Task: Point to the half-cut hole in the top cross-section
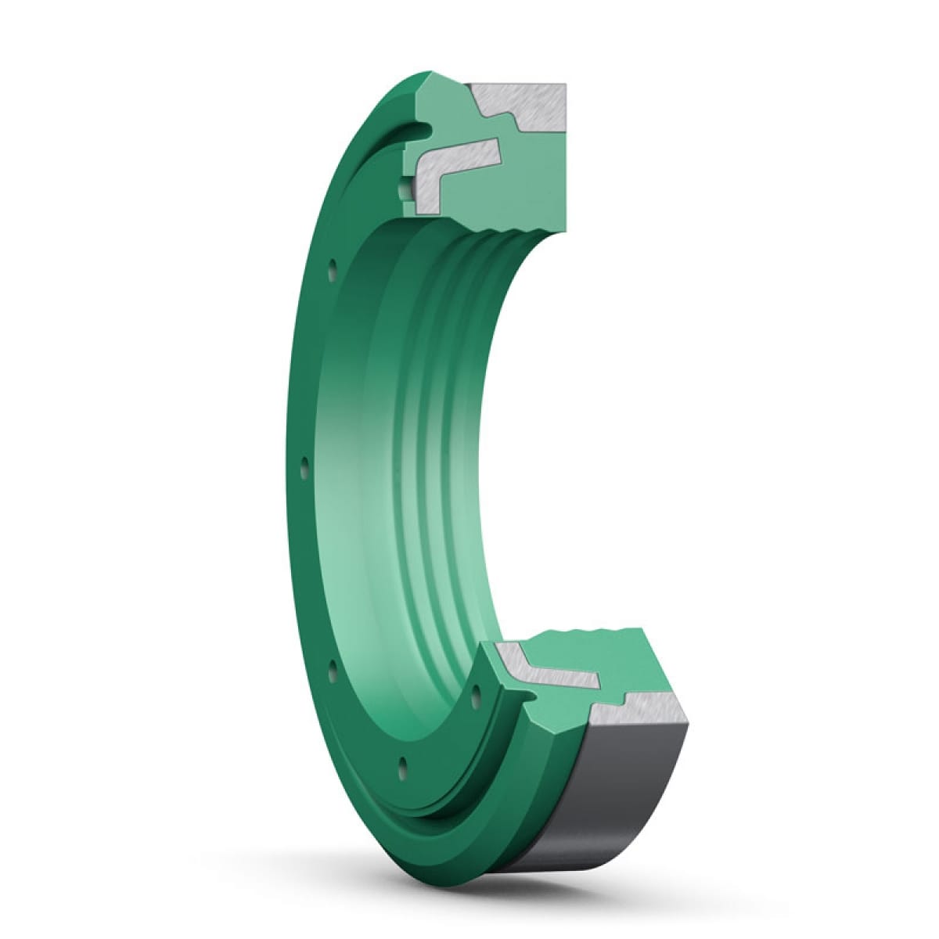403,189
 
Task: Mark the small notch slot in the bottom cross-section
540,689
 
